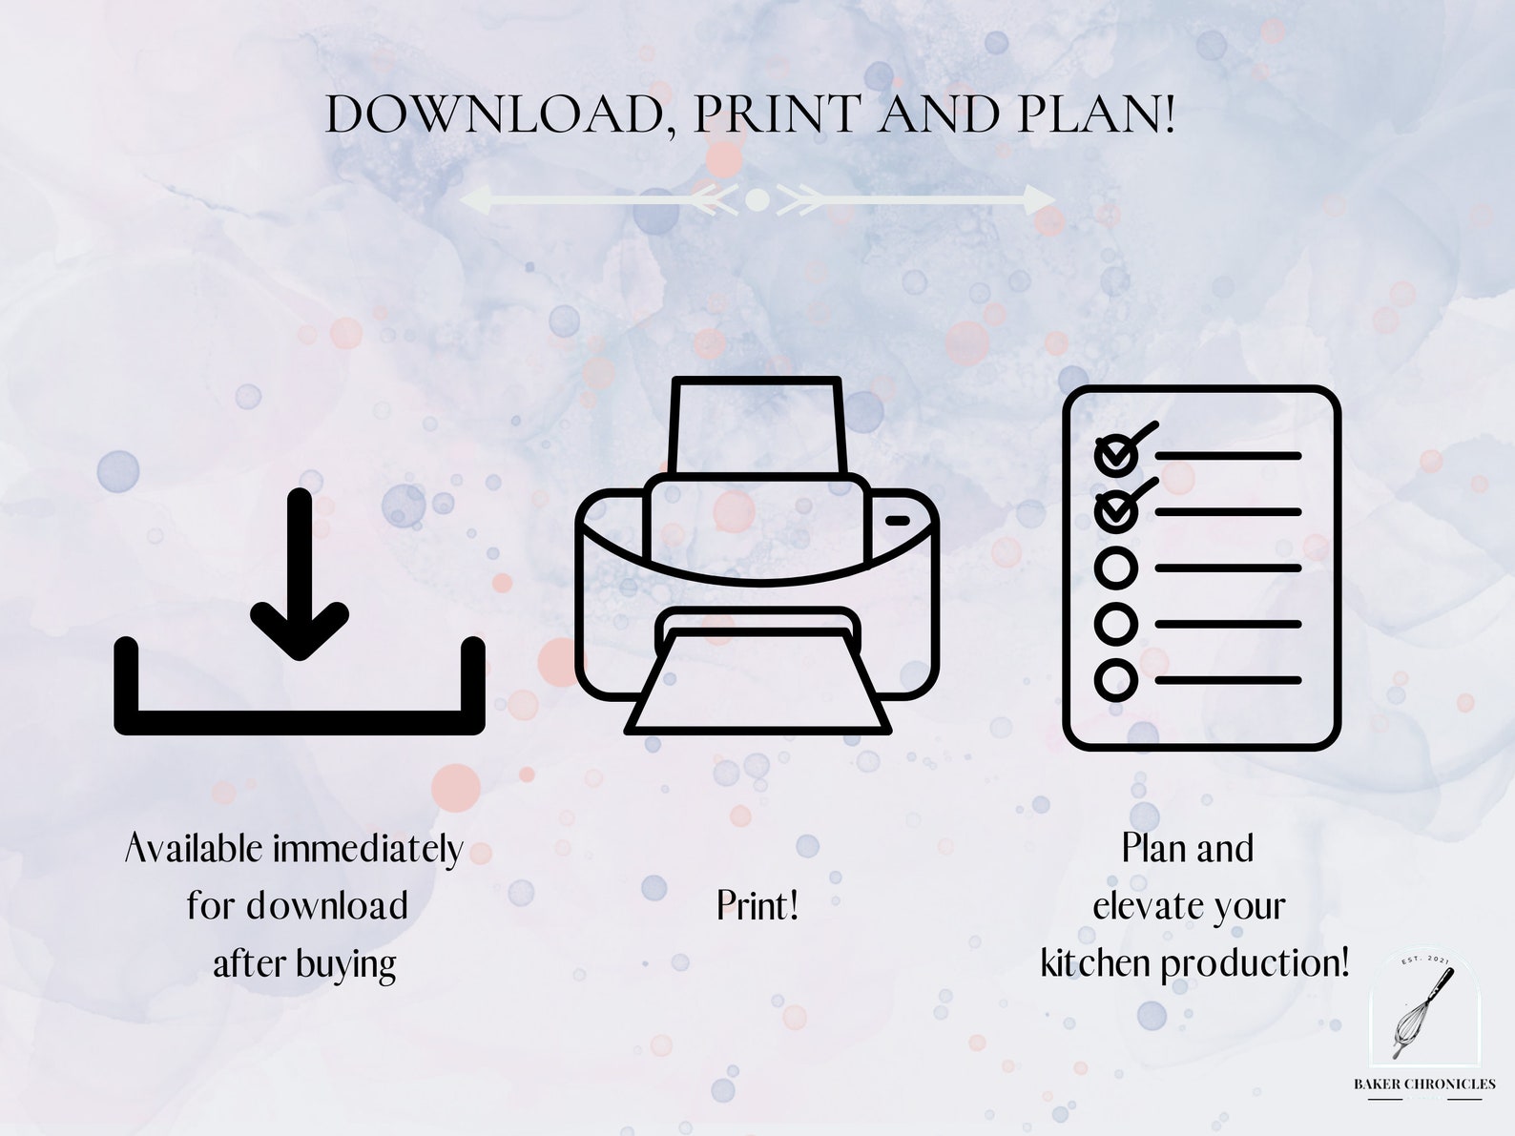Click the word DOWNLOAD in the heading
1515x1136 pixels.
pyautogui.click(x=494, y=115)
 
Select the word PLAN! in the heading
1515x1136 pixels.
pyautogui.click(x=1096, y=115)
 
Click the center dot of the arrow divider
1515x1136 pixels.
pyautogui.click(x=757, y=200)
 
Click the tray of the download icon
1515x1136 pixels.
pyautogui.click(x=300, y=721)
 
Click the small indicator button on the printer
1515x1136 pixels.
pyautogui.click(x=898, y=521)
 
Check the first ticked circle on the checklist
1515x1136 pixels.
pyautogui.click(x=1115, y=456)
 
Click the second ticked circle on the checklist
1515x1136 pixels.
pyautogui.click(x=1115, y=512)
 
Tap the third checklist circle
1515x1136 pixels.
pyautogui.click(x=1115, y=568)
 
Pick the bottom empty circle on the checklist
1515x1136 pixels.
pyautogui.click(x=1115, y=680)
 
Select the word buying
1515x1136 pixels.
pyautogui.click(x=344, y=964)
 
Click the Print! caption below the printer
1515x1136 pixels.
pyautogui.click(x=757, y=906)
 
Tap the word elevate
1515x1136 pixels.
pyautogui.click(x=1149, y=906)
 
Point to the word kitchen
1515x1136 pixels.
pyautogui.click(x=1095, y=963)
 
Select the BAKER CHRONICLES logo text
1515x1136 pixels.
pyautogui.click(x=1424, y=1084)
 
